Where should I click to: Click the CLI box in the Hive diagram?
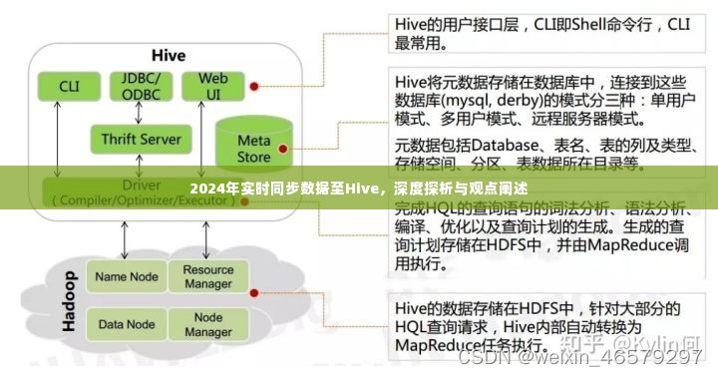[x=69, y=86]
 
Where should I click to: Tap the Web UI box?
[x=213, y=86]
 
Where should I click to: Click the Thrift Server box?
[x=142, y=139]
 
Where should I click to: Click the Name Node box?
[x=126, y=276]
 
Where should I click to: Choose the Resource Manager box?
[x=207, y=276]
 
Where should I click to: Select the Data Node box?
[x=126, y=324]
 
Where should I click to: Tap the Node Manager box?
[x=207, y=324]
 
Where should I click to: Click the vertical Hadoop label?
[x=69, y=300]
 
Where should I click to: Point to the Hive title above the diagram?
[x=168, y=55]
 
